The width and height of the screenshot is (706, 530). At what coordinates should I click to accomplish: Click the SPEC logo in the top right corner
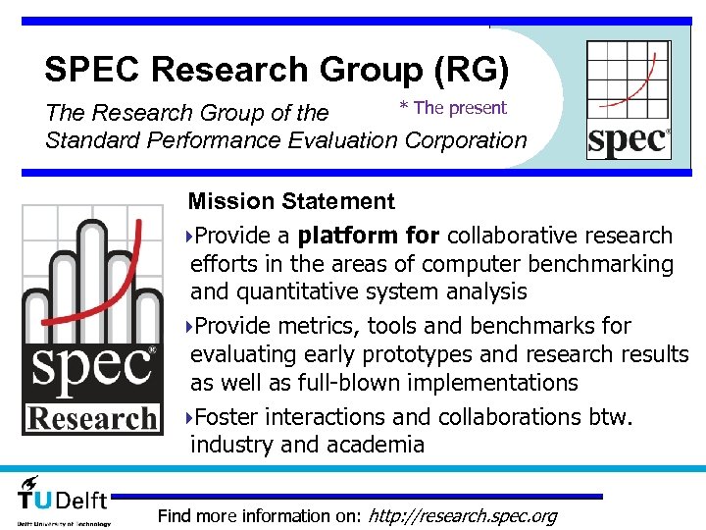pos(629,99)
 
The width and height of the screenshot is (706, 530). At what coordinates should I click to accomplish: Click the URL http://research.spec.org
pos(461,515)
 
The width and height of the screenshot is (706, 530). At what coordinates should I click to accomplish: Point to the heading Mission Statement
pos(291,202)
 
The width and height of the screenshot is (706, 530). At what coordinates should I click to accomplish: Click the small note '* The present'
pos(452,108)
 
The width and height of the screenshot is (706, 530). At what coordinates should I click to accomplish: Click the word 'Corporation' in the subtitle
pos(465,139)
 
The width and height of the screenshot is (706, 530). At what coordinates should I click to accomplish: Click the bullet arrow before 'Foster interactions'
pos(188,417)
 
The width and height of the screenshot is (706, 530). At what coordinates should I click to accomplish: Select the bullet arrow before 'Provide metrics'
pos(188,326)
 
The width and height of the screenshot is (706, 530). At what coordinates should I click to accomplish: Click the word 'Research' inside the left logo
pos(92,418)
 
